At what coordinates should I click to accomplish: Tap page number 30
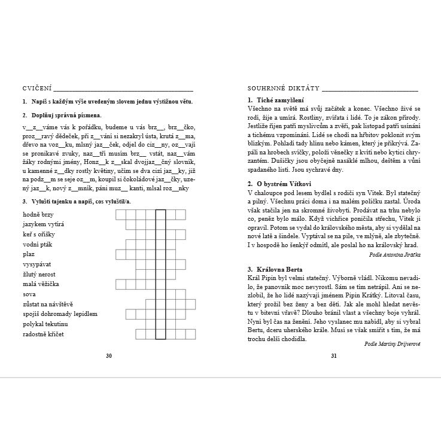coord(108,355)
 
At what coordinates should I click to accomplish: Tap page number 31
coord(334,355)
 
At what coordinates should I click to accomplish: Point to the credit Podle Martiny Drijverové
coord(392,344)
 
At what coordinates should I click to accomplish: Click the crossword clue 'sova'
coord(29,294)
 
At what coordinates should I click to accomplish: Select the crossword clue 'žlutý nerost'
coord(40,274)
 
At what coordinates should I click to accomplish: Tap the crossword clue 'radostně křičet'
coord(44,333)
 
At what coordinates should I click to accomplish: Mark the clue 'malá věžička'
coord(41,284)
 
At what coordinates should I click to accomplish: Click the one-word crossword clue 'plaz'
coord(29,254)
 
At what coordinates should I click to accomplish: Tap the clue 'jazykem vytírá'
coord(43,224)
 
